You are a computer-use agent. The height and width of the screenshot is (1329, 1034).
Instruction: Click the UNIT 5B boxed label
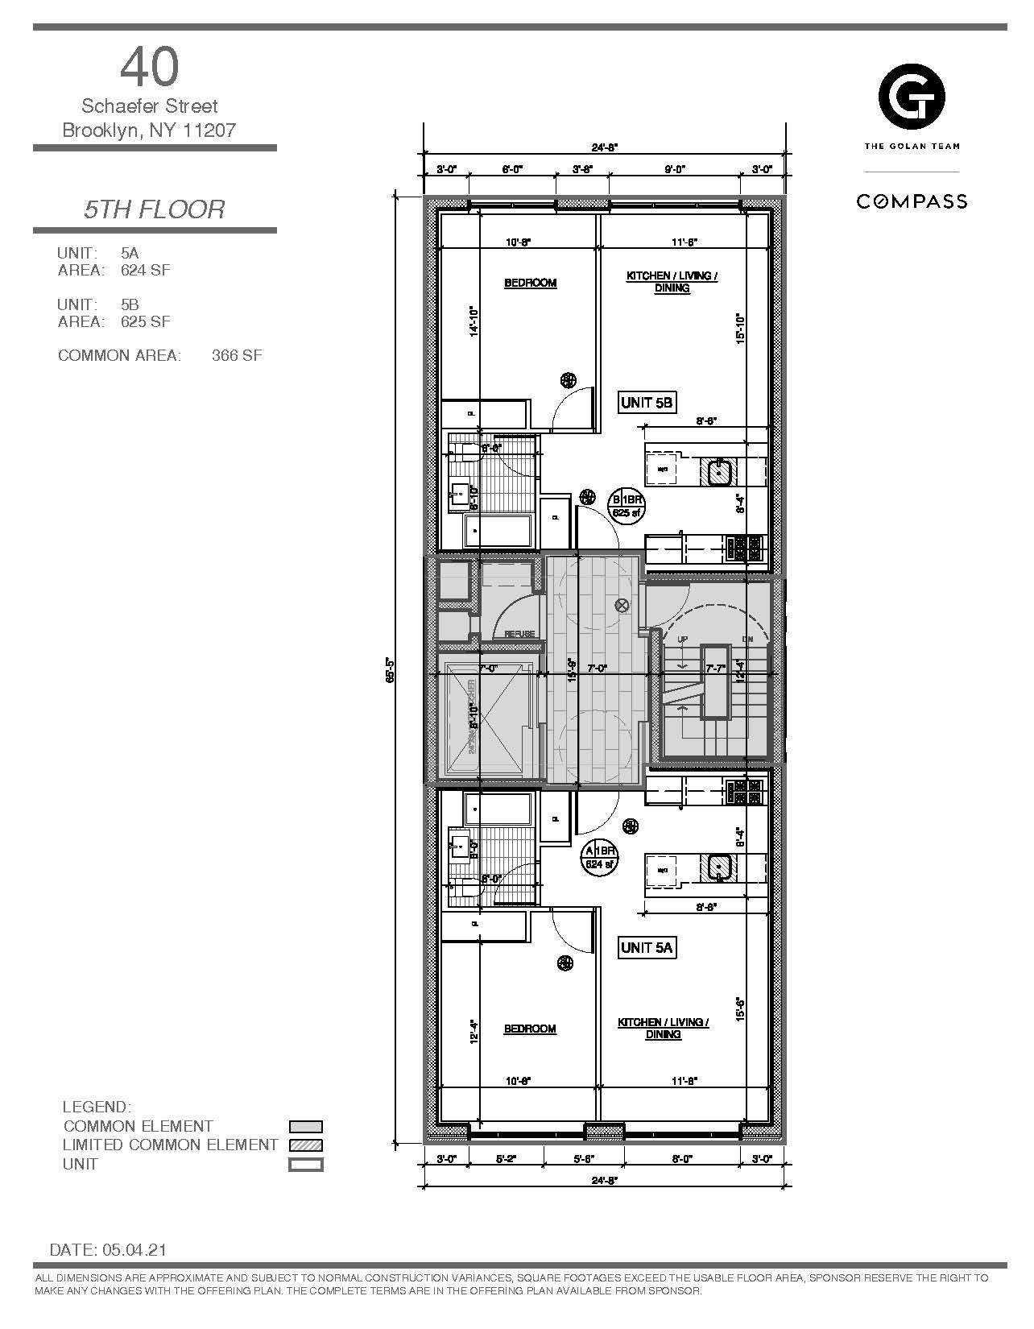[647, 402]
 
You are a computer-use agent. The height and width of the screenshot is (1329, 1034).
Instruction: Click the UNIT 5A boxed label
[646, 948]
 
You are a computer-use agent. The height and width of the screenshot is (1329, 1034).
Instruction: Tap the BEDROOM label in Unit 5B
[530, 283]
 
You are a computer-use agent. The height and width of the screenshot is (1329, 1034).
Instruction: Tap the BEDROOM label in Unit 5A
[530, 1029]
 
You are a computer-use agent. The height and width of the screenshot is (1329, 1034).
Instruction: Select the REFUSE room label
[519, 634]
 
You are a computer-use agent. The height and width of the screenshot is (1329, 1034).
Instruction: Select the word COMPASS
[912, 201]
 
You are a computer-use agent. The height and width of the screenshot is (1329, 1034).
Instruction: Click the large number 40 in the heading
[150, 67]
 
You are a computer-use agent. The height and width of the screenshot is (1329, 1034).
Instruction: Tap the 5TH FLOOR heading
[155, 209]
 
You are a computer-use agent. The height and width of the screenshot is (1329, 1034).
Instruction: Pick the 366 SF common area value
[237, 355]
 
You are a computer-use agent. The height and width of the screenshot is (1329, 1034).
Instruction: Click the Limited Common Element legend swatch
[306, 1145]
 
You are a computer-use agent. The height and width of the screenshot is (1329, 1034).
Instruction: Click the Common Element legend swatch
[306, 1127]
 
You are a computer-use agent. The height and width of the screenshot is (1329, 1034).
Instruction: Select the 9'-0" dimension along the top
[673, 169]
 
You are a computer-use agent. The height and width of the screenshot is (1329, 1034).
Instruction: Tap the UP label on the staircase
[683, 639]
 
